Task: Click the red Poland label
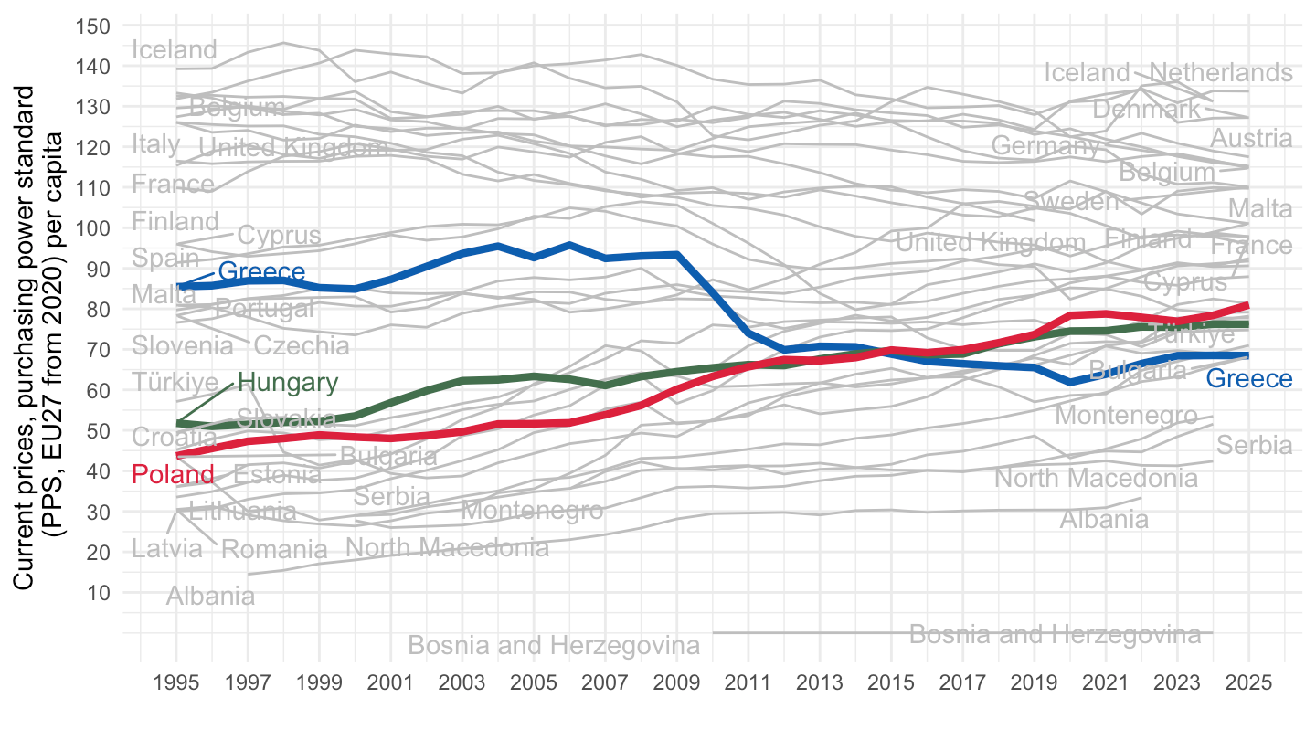(x=174, y=475)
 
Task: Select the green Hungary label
(x=288, y=383)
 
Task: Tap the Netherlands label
(x=1220, y=73)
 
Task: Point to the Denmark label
(x=1146, y=111)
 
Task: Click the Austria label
(x=1251, y=139)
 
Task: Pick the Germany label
(x=1045, y=146)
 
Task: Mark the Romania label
(x=274, y=550)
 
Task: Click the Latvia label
(x=167, y=549)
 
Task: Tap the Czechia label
(x=302, y=346)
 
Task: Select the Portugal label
(x=264, y=309)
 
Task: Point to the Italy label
(x=156, y=144)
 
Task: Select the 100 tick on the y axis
(x=94, y=228)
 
